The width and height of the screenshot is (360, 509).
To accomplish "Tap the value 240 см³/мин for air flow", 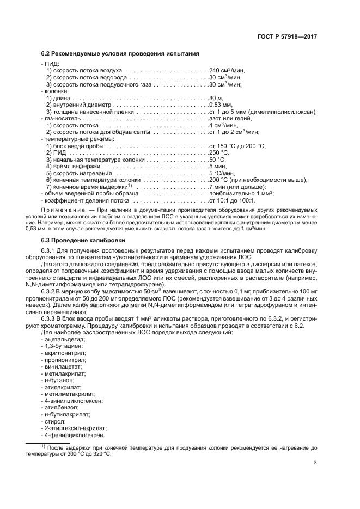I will pyautogui.click(x=225, y=71).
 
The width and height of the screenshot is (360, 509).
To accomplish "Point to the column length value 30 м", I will pyautogui.click(x=216, y=98).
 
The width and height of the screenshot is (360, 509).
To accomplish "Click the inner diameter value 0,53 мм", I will pyautogui.click(x=221, y=105).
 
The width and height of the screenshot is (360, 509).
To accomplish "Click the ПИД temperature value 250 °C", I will pyautogui.click(x=218, y=152).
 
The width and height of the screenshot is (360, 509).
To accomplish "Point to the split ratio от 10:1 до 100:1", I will pyautogui.click(x=234, y=200).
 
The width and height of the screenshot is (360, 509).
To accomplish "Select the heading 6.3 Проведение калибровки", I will pyautogui.click(x=83, y=240).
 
